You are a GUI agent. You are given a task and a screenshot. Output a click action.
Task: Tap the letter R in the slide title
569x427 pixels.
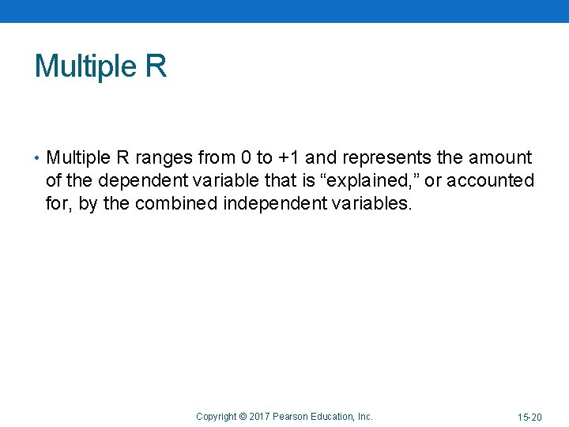point(156,66)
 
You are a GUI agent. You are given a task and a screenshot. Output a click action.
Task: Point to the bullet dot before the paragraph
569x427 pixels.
point(39,158)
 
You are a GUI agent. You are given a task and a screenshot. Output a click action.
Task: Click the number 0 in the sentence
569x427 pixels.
point(246,157)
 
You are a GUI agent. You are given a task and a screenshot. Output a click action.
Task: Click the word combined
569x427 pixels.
point(176,204)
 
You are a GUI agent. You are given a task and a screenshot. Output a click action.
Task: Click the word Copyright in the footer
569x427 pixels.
point(216,416)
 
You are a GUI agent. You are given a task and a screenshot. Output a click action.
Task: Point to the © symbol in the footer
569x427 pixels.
point(243,416)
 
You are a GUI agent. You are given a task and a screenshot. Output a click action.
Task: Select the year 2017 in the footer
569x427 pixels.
point(259,416)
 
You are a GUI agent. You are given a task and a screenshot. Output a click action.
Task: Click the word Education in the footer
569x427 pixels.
point(333,416)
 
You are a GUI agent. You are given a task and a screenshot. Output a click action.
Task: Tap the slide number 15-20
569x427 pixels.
point(529,417)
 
